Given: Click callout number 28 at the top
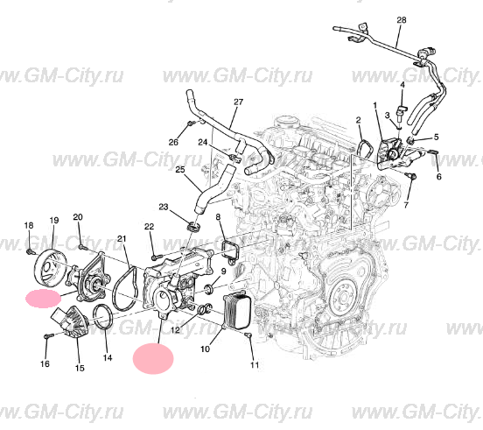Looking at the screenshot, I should coord(402,18).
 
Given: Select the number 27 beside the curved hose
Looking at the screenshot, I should coord(237,102).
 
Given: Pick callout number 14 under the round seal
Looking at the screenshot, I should coord(108,357).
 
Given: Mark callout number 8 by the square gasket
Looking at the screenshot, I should coord(219,215).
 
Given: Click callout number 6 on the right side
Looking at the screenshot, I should coord(438,176).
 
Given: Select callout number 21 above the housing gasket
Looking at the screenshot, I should coord(122,238).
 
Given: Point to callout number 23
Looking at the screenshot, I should coord(163,207).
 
